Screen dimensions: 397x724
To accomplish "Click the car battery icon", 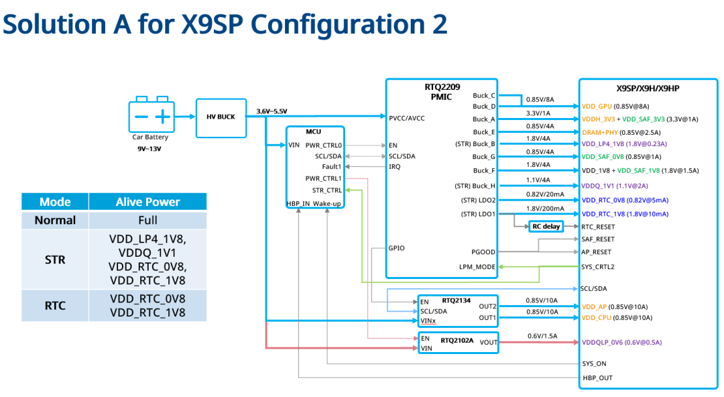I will (x=151, y=115).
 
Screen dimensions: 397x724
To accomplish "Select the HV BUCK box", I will (x=221, y=117).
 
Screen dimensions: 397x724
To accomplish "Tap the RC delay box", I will (x=546, y=226).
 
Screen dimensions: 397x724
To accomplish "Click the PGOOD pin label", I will (x=483, y=252).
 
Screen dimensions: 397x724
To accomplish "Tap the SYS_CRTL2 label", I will (x=597, y=267).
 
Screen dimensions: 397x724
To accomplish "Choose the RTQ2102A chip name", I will (x=457, y=341).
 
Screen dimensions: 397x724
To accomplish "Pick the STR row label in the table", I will (x=55, y=260).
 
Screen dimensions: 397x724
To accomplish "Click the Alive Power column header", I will (x=147, y=202).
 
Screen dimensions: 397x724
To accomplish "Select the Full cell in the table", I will (x=147, y=221).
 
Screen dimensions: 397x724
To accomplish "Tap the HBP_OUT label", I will (x=597, y=378).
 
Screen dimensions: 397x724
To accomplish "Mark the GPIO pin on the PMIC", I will (x=397, y=248).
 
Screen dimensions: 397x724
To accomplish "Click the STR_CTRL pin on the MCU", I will (x=326, y=190).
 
